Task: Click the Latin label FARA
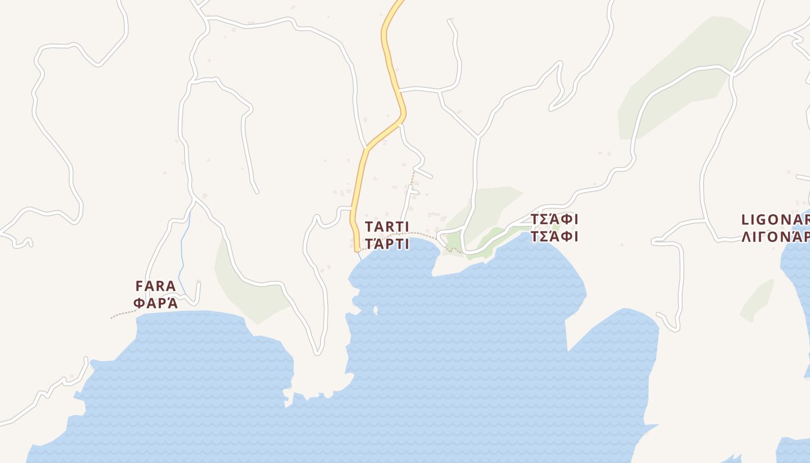pos(155,286)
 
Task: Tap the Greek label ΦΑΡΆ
pos(155,302)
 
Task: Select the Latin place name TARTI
pos(386,226)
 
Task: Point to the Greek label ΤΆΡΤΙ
pos(386,244)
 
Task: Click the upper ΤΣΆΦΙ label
pos(554,219)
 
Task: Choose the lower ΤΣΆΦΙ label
pos(554,236)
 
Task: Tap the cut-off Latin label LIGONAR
pos(775,220)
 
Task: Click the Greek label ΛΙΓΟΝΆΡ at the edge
pos(775,237)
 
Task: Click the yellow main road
pos(392,69)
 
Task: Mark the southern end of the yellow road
pos(357,248)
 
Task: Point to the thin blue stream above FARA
pos(182,255)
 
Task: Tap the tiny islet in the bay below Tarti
pos(375,310)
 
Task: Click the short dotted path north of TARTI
pos(413,177)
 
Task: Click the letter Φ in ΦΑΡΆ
pos(139,302)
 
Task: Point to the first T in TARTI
pos(369,226)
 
